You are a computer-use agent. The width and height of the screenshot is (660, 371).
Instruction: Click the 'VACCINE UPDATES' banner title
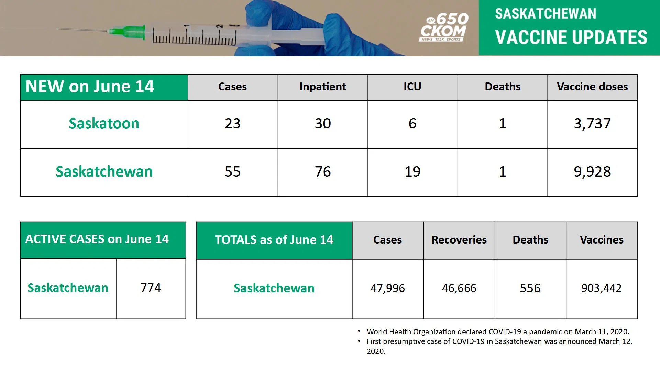coord(571,37)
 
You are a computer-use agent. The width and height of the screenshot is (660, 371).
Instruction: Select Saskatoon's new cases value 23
coord(233,124)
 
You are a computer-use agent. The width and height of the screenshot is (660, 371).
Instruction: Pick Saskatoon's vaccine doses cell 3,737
coord(592,124)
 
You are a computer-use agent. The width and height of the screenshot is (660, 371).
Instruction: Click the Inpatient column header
coord(322,87)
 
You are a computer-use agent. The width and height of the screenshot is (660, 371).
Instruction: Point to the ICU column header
coord(412,87)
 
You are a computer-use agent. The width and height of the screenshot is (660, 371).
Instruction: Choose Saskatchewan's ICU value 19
coord(412,172)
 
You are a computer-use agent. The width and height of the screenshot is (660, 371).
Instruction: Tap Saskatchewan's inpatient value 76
coord(322,172)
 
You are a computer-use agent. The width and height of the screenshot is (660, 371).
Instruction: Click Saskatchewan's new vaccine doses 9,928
coord(592,172)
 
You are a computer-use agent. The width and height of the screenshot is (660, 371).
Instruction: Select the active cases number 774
coord(151,288)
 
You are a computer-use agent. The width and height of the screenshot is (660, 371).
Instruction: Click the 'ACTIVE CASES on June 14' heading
coord(97,239)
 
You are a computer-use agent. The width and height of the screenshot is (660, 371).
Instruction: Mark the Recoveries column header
coord(459,240)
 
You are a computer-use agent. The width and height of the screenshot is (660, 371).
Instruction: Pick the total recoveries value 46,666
coord(459,288)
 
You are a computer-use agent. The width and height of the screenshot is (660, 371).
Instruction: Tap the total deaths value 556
coord(530,288)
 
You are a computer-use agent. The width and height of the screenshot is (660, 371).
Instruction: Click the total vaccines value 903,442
coord(601,288)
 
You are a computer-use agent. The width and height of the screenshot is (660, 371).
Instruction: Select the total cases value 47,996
coord(387,288)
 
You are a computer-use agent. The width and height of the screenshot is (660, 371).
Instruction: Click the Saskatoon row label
coord(104,124)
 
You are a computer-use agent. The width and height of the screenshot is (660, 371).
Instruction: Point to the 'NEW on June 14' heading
coord(90,87)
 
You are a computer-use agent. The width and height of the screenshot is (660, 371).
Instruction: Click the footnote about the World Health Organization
coord(498,332)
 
